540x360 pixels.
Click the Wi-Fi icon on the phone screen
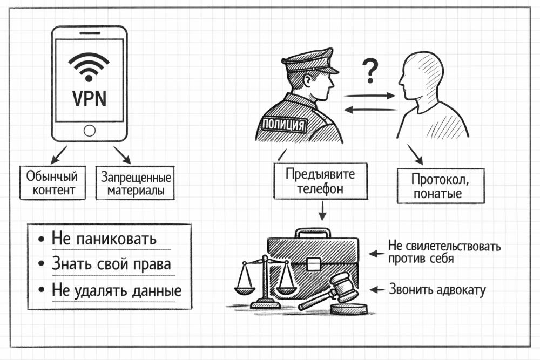tap(89, 66)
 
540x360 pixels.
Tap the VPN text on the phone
tap(89, 99)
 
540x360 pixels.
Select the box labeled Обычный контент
tap(52, 184)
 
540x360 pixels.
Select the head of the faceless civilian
tap(421, 75)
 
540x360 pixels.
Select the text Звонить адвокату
tap(437, 290)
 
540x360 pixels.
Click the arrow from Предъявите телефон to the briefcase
tap(322, 211)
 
